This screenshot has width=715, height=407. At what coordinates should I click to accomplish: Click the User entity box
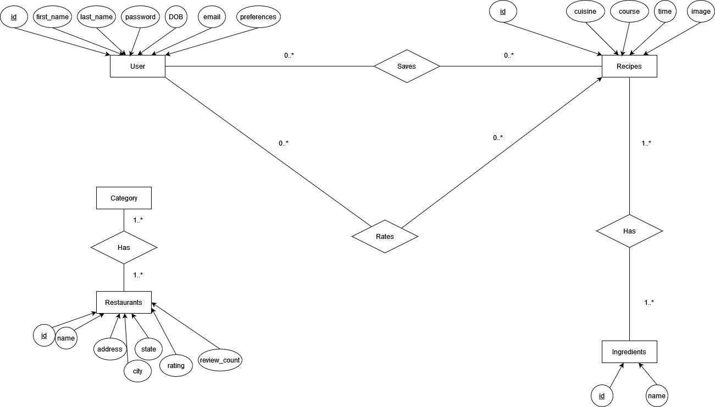[x=137, y=66]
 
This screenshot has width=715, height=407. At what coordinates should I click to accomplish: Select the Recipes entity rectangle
[x=629, y=66]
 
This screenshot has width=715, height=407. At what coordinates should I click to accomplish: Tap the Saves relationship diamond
[x=407, y=66]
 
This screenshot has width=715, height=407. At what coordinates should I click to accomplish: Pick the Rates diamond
[x=385, y=237]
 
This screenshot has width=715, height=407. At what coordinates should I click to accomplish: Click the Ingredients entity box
[x=629, y=352]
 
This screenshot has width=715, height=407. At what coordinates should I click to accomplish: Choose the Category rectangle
[x=124, y=198]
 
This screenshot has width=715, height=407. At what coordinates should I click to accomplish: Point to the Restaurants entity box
[x=124, y=302]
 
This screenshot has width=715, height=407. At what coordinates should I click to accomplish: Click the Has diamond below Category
[x=124, y=248]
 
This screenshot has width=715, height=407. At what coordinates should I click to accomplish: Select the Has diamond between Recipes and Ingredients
[x=629, y=231]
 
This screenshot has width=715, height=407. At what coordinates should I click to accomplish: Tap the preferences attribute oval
[x=258, y=17]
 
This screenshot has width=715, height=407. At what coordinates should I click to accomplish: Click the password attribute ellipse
[x=140, y=17]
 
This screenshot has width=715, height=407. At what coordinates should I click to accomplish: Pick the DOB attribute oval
[x=176, y=17]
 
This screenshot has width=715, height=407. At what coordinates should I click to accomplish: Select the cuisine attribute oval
[x=585, y=12]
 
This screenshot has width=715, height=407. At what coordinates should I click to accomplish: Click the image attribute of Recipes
[x=701, y=12]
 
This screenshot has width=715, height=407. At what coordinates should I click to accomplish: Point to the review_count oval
[x=220, y=360]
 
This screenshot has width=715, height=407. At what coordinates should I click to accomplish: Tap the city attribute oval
[x=137, y=371]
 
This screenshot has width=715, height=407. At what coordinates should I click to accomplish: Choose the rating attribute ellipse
[x=176, y=366]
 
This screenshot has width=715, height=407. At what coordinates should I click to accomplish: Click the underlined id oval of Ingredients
[x=602, y=396]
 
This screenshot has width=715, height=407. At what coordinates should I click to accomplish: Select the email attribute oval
[x=212, y=17]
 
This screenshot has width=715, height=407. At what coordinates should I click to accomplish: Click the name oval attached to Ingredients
[x=657, y=396]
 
